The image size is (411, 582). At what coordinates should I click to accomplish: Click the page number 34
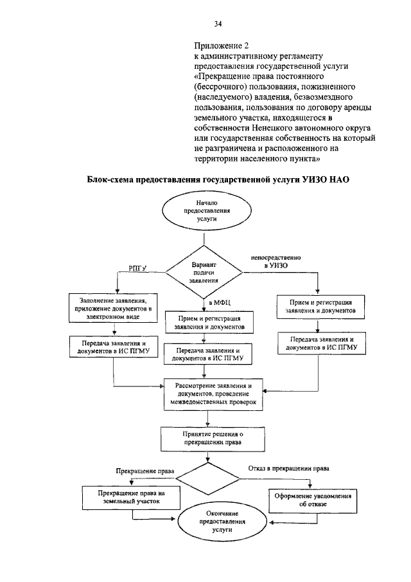click(x=218, y=24)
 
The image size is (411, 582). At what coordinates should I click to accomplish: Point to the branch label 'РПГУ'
click(x=137, y=267)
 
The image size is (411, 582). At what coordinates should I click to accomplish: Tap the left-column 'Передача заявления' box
click(x=114, y=347)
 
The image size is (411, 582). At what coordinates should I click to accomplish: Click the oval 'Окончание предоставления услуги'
click(x=216, y=524)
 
